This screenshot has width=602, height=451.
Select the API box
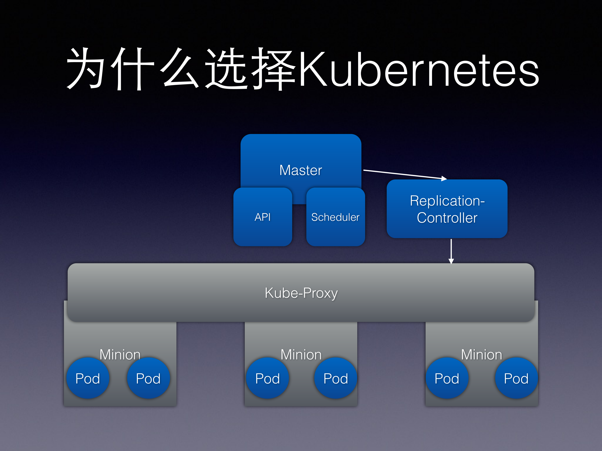coord(263,217)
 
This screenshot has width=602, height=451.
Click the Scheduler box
coord(335,217)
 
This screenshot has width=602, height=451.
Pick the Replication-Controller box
coord(447,209)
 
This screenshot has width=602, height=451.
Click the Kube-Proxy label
coord(301,293)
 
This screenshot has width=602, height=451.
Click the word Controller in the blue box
coord(447,218)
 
